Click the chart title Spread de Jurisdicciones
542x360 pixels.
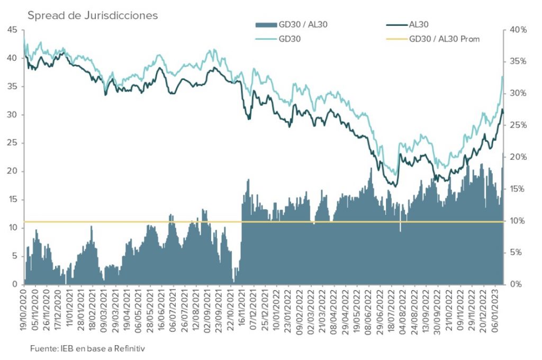point(93,15)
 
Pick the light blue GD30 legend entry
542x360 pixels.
point(289,39)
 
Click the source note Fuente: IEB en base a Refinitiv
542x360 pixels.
point(87,348)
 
